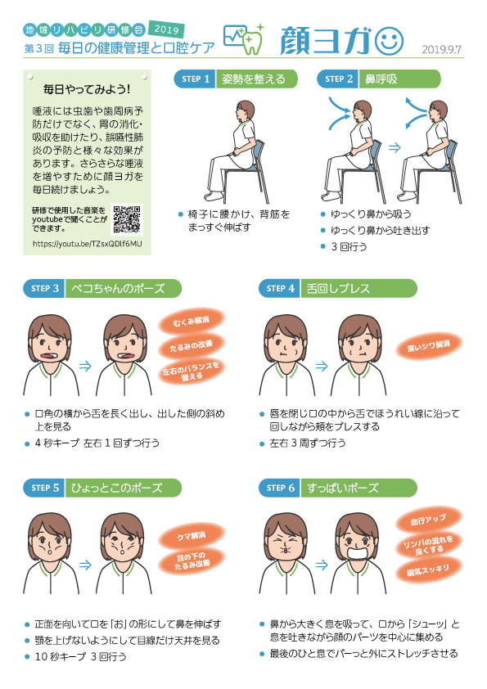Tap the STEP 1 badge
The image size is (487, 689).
coord(196,79)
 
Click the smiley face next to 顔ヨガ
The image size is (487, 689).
coord(386,39)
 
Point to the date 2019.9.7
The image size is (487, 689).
coord(442,50)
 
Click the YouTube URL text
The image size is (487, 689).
coord(88,244)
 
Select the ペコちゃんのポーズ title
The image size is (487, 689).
coord(118,288)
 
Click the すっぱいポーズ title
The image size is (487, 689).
coord(343,488)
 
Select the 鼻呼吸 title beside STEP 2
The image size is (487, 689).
coord(381,79)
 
